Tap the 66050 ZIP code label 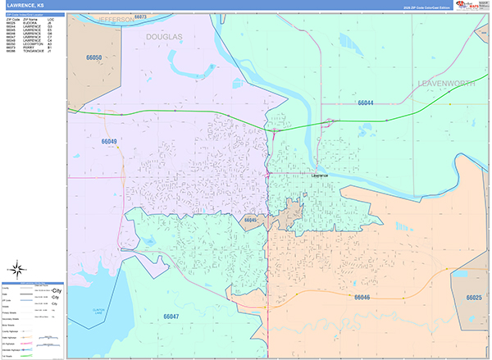click(x=94, y=58)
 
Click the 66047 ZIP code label click(x=171, y=316)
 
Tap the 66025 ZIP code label click(x=474, y=298)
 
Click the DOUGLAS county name click(x=165, y=37)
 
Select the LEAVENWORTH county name click(x=447, y=84)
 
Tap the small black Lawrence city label click(x=320, y=175)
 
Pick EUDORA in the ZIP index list click(x=30, y=23)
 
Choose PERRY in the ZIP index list click(x=29, y=48)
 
